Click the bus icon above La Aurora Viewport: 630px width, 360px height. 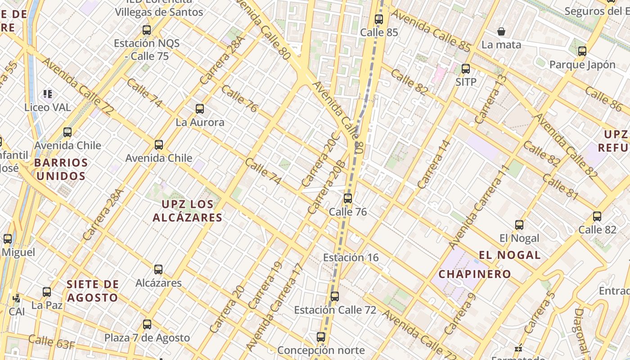[200, 108]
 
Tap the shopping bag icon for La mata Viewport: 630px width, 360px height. [501, 31]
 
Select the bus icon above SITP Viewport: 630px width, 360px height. [466, 69]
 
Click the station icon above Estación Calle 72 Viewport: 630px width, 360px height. [334, 297]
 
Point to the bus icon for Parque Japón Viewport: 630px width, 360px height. [582, 51]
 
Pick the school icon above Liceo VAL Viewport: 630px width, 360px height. [48, 94]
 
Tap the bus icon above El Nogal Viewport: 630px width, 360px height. [519, 225]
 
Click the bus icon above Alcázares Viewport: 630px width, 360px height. [158, 270]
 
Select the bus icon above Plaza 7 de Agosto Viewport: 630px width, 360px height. [147, 324]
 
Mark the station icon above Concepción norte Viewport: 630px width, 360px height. [321, 337]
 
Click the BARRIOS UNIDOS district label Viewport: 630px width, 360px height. [61, 169]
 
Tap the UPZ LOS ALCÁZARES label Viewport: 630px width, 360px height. [187, 211]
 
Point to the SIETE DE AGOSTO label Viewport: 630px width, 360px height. [93, 291]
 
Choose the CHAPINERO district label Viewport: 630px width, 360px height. [475, 274]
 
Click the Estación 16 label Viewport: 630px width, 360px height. [351, 257]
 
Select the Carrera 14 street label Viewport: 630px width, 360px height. [434, 164]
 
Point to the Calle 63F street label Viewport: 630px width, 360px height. [52, 342]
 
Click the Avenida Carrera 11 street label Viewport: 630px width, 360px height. [479, 207]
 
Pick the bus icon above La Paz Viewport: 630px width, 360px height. [47, 292]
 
